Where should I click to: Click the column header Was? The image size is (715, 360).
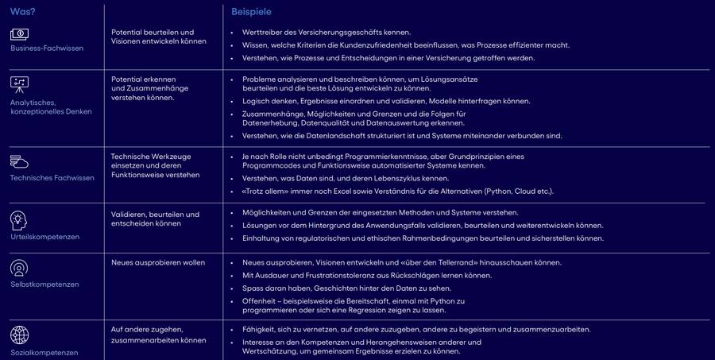tap(23, 11)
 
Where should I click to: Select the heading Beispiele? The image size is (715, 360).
tap(251, 12)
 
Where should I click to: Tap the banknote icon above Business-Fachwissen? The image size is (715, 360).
tap(20, 34)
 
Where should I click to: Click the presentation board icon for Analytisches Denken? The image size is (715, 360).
tap(20, 83)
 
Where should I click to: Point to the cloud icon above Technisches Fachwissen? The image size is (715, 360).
tap(20, 161)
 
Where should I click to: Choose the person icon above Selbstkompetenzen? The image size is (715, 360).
tap(19, 268)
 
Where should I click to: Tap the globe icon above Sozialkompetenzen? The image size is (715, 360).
tap(20, 335)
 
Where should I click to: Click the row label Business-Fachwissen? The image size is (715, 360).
tap(47, 48)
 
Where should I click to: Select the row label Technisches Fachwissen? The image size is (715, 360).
tap(52, 178)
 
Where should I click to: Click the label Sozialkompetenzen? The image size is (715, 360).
tap(44, 352)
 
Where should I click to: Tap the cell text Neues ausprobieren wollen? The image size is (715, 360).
tap(158, 262)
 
